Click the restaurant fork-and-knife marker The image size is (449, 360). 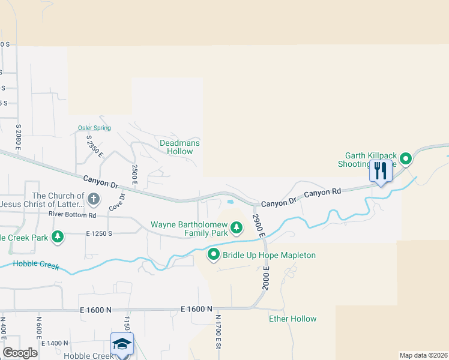point(381,171)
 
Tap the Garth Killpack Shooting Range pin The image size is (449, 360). point(406,159)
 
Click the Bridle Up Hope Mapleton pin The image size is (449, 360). point(214,255)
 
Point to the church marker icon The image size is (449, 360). point(93,198)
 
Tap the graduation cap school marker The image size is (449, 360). point(122,344)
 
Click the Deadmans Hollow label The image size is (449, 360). point(179,147)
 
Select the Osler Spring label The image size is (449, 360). point(94,128)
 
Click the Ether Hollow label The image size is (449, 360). point(292,319)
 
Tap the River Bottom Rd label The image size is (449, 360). point(73,214)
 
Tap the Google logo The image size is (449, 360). point(20,353)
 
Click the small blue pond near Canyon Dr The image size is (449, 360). point(229,202)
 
